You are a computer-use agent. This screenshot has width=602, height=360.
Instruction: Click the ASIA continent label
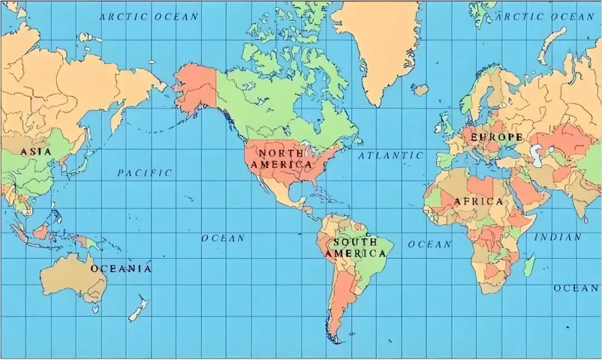[x=36, y=152]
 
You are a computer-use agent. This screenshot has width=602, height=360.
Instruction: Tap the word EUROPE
[x=497, y=137]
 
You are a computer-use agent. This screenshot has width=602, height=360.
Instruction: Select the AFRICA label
[x=478, y=202]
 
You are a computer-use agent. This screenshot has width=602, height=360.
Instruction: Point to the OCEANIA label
[x=121, y=269]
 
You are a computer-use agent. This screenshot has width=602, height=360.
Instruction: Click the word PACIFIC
[x=144, y=173]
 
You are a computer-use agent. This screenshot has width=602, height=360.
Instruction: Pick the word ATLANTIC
[x=390, y=156]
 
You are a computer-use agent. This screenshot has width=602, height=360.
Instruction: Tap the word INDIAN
[x=558, y=237]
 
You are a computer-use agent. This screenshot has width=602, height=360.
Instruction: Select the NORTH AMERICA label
[x=281, y=159]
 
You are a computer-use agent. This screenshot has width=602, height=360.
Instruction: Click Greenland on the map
[x=379, y=39]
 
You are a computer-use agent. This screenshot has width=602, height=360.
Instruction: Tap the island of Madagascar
[x=529, y=265]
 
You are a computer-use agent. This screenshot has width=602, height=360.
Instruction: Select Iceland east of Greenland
[x=420, y=89]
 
